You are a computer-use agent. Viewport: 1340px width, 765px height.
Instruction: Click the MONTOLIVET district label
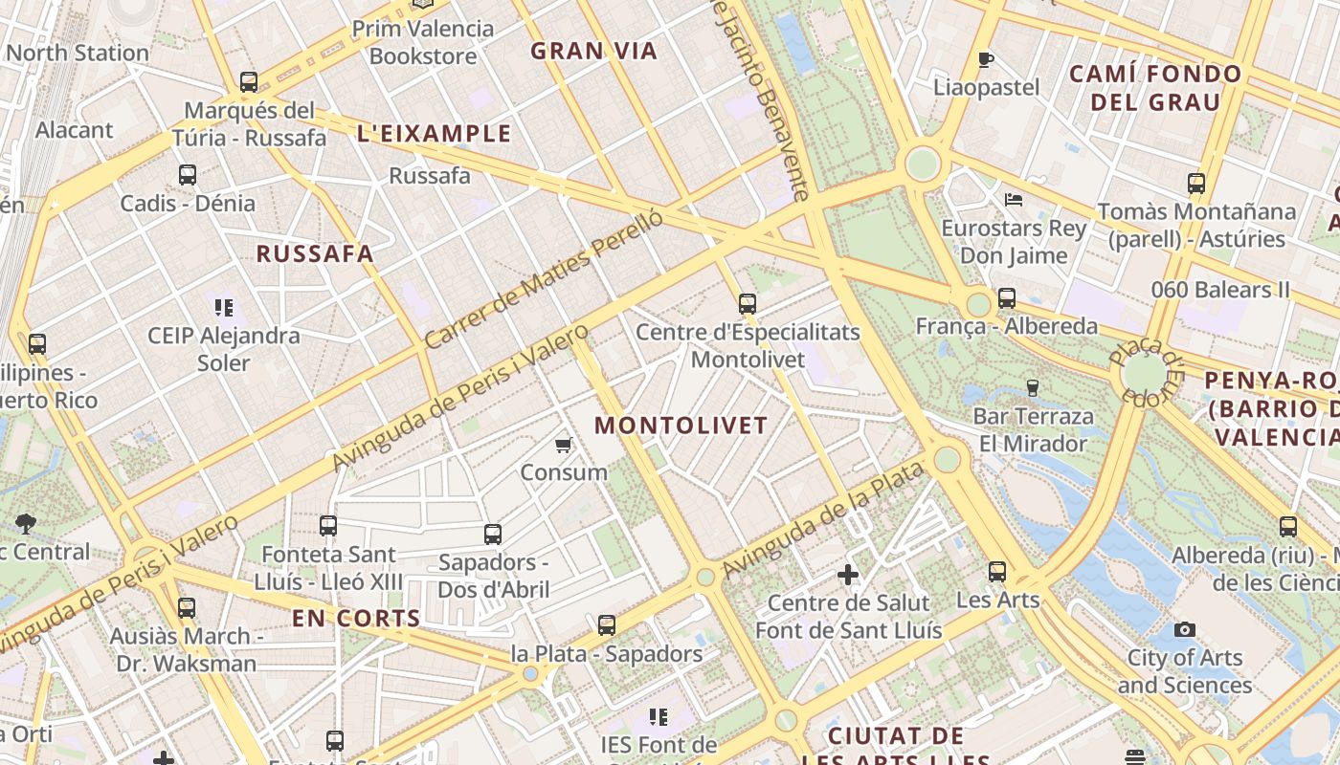click(681, 426)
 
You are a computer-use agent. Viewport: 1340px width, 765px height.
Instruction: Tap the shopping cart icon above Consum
click(564, 445)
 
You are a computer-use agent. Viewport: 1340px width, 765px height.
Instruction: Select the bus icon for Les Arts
click(997, 572)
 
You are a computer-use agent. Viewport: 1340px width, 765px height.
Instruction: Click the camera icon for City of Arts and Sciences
click(1185, 629)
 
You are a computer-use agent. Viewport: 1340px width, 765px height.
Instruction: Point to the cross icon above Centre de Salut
click(848, 575)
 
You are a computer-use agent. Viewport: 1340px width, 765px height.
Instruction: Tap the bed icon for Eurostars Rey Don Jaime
click(1014, 200)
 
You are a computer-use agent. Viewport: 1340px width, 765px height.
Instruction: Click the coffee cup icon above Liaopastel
click(986, 60)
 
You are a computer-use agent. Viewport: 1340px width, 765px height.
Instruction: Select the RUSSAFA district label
click(315, 253)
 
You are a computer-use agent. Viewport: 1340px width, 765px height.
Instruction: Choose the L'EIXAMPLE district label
click(434, 134)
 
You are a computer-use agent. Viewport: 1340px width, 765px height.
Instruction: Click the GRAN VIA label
click(594, 51)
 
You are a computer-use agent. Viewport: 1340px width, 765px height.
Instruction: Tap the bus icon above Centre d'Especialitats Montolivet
click(748, 304)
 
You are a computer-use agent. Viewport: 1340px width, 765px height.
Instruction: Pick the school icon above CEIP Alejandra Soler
click(224, 308)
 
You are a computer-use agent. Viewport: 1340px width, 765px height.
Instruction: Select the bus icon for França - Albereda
click(1007, 298)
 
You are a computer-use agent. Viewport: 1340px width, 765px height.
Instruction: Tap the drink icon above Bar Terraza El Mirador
click(1032, 388)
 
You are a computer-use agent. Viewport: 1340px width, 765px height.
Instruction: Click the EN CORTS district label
click(356, 619)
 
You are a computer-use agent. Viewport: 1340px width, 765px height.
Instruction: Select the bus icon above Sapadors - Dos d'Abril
click(493, 534)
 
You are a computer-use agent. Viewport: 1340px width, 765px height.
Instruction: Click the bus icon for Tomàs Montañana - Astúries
click(1195, 184)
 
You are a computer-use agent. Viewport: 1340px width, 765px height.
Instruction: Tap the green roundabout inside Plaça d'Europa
click(1145, 372)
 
